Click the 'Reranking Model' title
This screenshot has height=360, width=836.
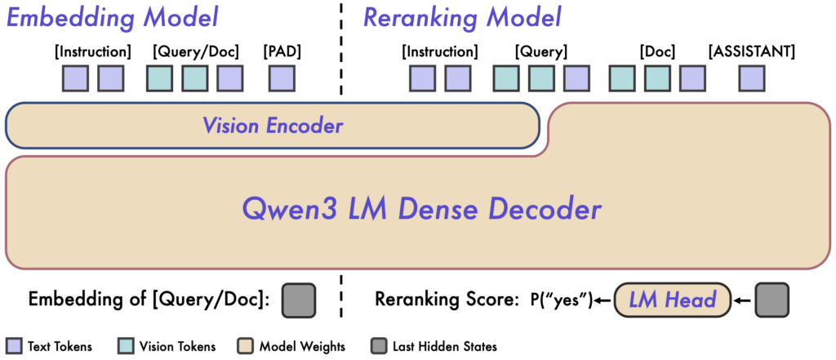(x=462, y=19)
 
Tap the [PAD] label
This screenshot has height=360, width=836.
(x=282, y=52)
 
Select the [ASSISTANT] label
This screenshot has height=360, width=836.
(x=752, y=52)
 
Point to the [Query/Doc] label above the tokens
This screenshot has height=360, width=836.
(x=195, y=52)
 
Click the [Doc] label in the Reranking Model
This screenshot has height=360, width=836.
(x=657, y=52)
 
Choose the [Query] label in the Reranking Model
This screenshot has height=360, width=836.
(x=540, y=52)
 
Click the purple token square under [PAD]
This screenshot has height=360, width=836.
(x=282, y=78)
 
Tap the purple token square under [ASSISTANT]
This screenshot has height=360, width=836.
(x=752, y=78)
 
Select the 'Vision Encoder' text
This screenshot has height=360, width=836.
(x=273, y=126)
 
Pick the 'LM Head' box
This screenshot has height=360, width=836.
(x=670, y=300)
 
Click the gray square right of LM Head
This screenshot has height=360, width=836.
(x=772, y=300)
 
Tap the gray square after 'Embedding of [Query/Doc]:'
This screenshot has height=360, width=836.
(x=298, y=300)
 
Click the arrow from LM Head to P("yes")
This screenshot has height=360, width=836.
(x=603, y=300)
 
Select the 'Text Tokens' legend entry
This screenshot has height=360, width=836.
(x=49, y=346)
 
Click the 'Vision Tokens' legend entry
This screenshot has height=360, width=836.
(x=166, y=346)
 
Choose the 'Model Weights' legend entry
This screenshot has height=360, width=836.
(x=292, y=346)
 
